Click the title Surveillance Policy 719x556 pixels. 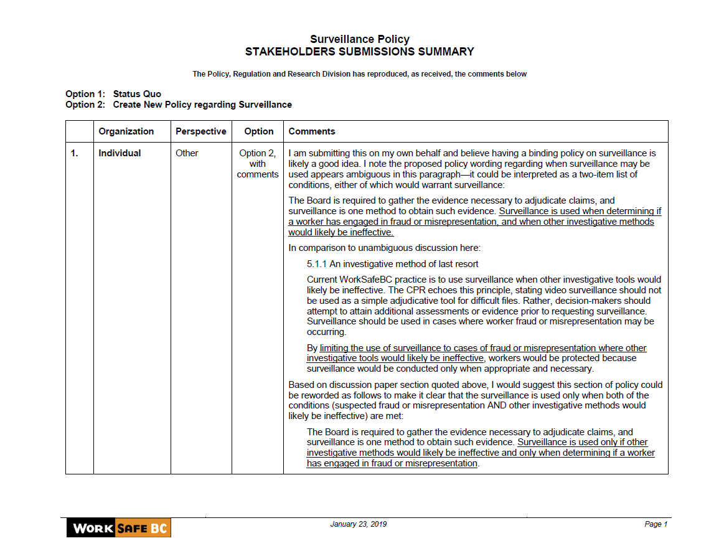(359, 40)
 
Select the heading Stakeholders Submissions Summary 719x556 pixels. (359, 52)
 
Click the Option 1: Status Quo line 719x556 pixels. (113, 94)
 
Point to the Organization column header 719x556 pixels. (126, 131)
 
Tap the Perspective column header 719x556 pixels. (200, 131)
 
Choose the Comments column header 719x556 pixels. (312, 131)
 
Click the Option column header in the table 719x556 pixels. (259, 131)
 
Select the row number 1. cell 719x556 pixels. (75, 153)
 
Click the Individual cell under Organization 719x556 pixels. (120, 153)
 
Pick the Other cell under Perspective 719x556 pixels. (187, 153)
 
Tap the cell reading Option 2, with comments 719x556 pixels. (258, 164)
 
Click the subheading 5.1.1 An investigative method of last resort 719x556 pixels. (393, 264)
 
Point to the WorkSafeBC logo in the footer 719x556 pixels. (118, 529)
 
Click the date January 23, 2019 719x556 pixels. (358, 524)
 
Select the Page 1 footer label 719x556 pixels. (656, 524)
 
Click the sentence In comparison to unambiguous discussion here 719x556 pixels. (384, 248)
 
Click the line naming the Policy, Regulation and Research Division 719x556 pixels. (359, 74)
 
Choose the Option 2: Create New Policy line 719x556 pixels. (179, 105)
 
